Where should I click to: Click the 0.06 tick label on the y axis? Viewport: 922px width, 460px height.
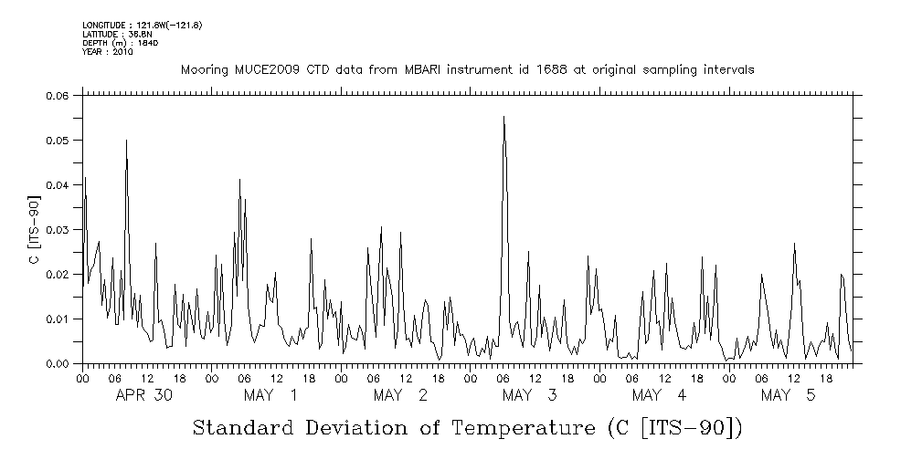[x=57, y=96]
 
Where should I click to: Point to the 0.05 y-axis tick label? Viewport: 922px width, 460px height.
[x=57, y=141]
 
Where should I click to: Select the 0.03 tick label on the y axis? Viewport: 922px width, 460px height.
[x=57, y=230]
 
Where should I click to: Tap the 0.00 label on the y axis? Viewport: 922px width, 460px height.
[x=57, y=364]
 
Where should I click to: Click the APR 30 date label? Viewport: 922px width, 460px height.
[x=144, y=395]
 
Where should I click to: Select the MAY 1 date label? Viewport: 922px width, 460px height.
[x=270, y=395]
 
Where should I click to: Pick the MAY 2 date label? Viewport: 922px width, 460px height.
[x=400, y=395]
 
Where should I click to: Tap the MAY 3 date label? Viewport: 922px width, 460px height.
[x=529, y=395]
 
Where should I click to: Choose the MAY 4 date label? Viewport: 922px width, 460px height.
[x=659, y=395]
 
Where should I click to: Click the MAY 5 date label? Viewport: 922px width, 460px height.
[x=788, y=395]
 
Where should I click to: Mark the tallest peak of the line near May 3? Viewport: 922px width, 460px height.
[x=503, y=117]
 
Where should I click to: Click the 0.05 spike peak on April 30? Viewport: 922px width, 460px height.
[x=126, y=140]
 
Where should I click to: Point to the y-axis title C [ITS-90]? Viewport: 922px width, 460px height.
[x=33, y=230]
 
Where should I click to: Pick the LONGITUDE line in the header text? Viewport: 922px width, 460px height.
[x=142, y=25]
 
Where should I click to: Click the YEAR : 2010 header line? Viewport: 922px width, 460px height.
[x=107, y=52]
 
